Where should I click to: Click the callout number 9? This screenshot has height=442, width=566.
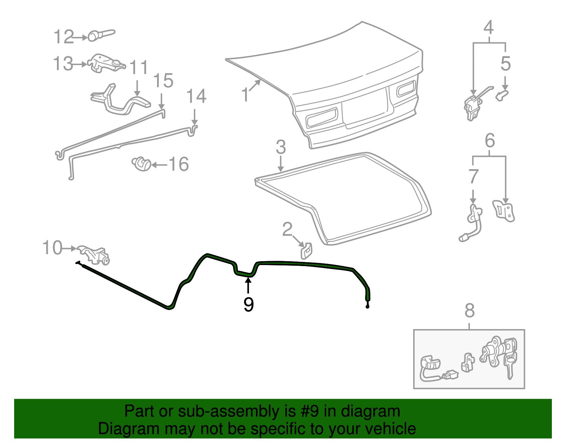(248, 304)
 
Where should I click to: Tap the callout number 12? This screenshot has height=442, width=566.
(64, 37)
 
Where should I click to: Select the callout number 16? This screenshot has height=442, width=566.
(179, 164)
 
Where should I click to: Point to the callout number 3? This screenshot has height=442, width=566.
(281, 147)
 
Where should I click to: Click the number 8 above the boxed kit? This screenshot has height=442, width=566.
(469, 311)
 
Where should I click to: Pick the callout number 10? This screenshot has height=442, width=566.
(52, 248)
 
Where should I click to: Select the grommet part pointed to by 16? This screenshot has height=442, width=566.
(141, 164)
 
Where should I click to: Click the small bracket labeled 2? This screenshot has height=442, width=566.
(306, 250)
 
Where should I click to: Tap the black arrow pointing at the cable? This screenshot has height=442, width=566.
(248, 285)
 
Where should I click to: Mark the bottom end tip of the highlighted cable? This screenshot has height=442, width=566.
(368, 306)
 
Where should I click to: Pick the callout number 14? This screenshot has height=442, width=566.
(196, 97)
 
